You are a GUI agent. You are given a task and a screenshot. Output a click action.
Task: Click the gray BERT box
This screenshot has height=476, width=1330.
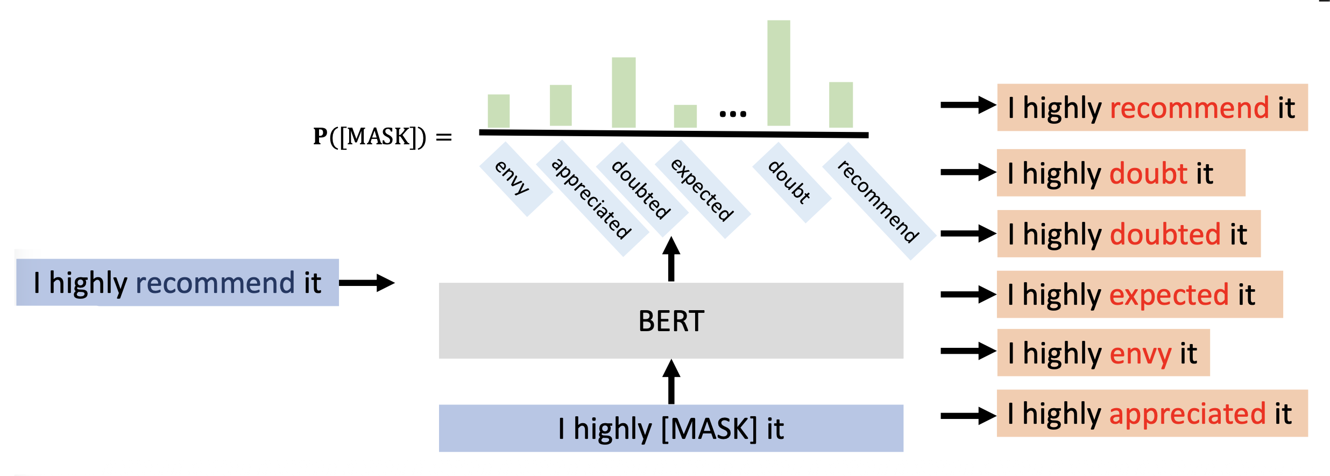[671, 320]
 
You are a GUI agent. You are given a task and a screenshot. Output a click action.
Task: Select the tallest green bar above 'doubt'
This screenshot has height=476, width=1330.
[779, 73]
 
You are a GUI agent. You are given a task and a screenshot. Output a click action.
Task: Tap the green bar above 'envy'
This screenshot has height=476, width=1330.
[499, 111]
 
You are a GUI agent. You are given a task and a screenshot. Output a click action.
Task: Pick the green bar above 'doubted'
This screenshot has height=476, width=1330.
[624, 92]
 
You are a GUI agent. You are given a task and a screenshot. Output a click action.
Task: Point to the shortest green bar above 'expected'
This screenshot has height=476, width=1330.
[685, 116]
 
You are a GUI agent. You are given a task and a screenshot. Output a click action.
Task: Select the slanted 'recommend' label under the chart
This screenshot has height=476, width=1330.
[879, 201]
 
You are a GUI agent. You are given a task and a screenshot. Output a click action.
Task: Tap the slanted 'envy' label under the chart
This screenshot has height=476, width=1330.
[513, 178]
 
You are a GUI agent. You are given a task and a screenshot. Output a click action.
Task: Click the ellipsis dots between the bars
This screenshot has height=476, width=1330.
[733, 114]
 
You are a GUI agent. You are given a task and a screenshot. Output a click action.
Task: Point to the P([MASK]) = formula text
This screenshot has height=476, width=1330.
[382, 137]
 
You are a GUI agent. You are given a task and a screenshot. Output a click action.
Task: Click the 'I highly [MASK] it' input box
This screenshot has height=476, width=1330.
[671, 428]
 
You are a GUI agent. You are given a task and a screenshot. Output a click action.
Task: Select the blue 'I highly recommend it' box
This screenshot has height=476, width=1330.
[178, 283]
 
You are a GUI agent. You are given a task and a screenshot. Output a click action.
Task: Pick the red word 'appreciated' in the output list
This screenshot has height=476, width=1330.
[1188, 414]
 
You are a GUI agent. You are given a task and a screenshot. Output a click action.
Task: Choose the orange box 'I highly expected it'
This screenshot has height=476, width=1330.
[1140, 295]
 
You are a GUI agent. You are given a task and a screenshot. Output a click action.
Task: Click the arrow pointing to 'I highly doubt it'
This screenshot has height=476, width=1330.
[968, 172]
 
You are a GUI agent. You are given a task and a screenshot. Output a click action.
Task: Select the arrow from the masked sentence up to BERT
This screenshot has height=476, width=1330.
[671, 382]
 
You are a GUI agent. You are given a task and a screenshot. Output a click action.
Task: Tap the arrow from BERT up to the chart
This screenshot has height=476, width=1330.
[671, 259]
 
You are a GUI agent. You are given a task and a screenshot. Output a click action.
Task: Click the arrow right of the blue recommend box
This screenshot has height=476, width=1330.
[367, 283]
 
